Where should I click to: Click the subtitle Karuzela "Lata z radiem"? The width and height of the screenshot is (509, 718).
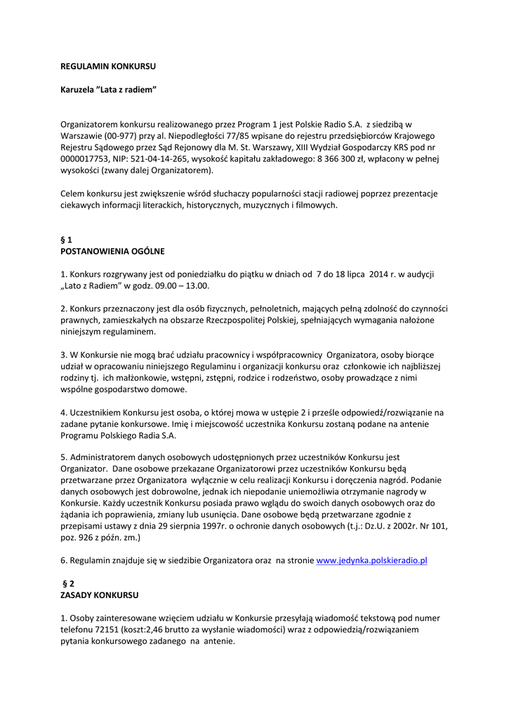coord(107,90)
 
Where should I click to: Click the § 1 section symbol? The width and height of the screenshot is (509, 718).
coord(66,239)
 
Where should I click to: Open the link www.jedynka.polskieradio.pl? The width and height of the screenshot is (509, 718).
coord(372,560)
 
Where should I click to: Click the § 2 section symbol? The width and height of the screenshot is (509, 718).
coord(68,583)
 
